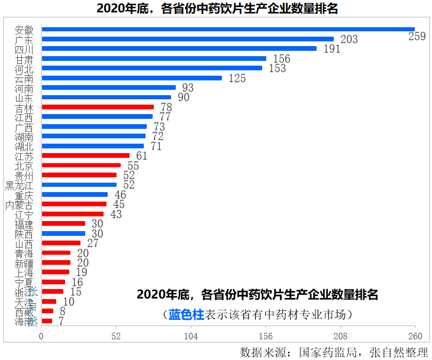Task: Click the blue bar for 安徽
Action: pyautogui.click(x=228, y=29)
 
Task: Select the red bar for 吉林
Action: pyautogui.click(x=98, y=107)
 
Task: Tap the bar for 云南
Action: pyautogui.click(x=131, y=78)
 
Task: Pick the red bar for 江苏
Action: pyautogui.click(x=86, y=155)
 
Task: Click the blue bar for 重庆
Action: pyautogui.click(x=75, y=194)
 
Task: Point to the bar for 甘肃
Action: pyautogui.click(x=154, y=59)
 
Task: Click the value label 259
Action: pyautogui.click(x=417, y=37)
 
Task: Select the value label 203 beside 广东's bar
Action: pyautogui.click(x=349, y=40)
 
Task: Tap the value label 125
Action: pyautogui.click(x=237, y=78)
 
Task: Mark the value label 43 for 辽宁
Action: pyautogui.click(x=116, y=214)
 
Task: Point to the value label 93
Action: pyautogui.click(x=188, y=87)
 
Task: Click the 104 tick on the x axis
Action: pyautogui.click(x=191, y=336)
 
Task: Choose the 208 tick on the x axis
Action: pyautogui.click(x=340, y=336)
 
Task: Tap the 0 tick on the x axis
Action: pyautogui.click(x=41, y=336)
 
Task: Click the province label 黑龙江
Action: pyautogui.click(x=20, y=185)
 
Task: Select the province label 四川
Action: pyautogui.click(x=24, y=49)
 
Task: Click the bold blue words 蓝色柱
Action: pyautogui.click(x=186, y=314)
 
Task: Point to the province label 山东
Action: pyautogui.click(x=24, y=98)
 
